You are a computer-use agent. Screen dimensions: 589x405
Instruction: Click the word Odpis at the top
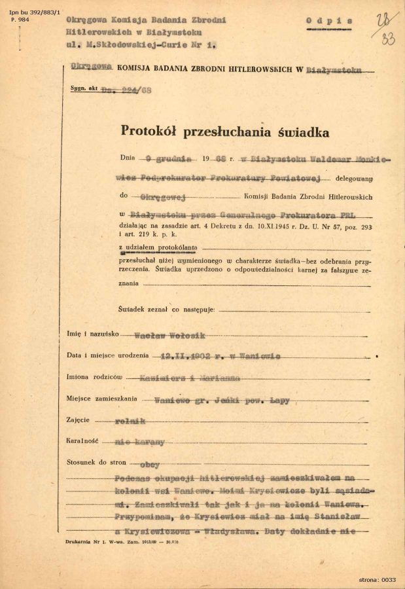pyautogui.click(x=330, y=20)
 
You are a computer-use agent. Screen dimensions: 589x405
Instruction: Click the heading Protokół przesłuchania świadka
pyautogui.click(x=225, y=131)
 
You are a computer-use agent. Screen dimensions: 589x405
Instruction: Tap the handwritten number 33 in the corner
pyautogui.click(x=388, y=39)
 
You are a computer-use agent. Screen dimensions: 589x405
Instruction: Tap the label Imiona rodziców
pyautogui.click(x=97, y=378)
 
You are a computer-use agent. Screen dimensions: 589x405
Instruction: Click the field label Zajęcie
pyautogui.click(x=79, y=421)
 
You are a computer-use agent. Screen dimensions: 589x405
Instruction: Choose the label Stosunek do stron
pyautogui.click(x=95, y=463)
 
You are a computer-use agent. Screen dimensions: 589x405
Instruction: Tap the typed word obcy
pyautogui.click(x=150, y=464)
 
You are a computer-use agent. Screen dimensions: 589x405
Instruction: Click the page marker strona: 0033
pyautogui.click(x=378, y=579)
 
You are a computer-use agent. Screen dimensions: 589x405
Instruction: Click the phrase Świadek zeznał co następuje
pyautogui.click(x=167, y=308)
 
